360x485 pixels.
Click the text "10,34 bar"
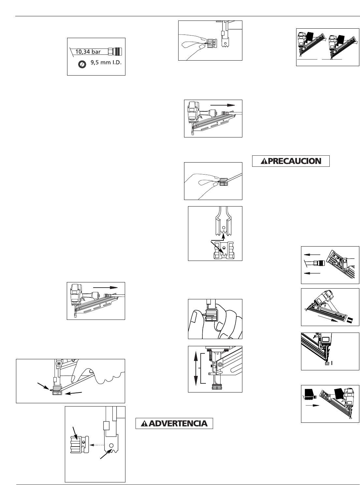pyautogui.click(x=88, y=51)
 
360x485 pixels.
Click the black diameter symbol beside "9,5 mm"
pyautogui.click(x=82, y=64)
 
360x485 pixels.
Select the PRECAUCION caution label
pyautogui.click(x=291, y=161)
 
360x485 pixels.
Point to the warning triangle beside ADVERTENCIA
pyautogui.click(x=143, y=424)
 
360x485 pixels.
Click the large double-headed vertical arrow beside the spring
pyautogui.click(x=196, y=368)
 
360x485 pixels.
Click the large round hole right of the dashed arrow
pyautogui.click(x=111, y=445)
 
